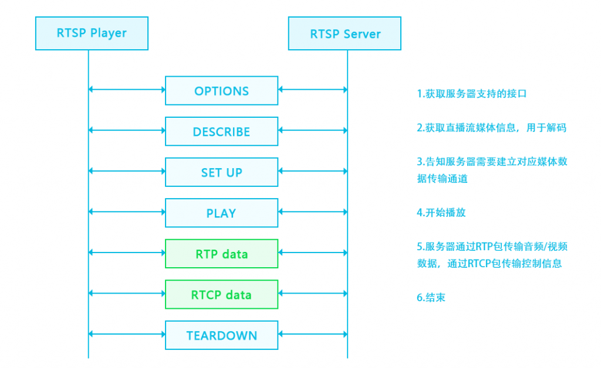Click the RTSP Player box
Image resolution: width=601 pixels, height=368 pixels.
click(92, 33)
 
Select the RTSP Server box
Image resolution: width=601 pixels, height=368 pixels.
click(345, 33)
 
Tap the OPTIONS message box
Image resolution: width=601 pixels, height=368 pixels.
click(221, 91)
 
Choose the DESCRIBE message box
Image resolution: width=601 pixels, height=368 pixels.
click(221, 131)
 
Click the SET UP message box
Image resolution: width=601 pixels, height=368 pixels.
click(221, 172)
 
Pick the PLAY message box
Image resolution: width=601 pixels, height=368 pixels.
click(221, 213)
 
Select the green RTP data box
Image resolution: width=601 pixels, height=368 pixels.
click(221, 254)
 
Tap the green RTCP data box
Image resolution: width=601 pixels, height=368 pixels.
click(221, 294)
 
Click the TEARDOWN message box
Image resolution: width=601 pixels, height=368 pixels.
click(221, 335)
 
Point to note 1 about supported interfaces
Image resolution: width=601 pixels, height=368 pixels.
click(471, 94)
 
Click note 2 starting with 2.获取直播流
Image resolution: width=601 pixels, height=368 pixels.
click(491, 128)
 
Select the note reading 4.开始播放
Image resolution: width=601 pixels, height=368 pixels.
click(441, 213)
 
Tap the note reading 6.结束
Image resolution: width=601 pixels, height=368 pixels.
click(431, 298)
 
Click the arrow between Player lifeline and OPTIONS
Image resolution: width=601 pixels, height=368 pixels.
click(127, 90)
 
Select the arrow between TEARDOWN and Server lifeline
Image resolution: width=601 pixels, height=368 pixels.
click(313, 334)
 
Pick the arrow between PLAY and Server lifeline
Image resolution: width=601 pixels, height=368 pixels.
click(313, 212)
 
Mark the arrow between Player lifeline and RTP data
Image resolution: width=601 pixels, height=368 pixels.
click(127, 253)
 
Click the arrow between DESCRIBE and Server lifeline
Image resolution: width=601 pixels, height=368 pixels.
click(313, 130)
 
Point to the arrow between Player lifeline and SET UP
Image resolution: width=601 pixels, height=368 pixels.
click(127, 171)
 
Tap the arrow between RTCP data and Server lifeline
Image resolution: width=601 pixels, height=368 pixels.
click(313, 293)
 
